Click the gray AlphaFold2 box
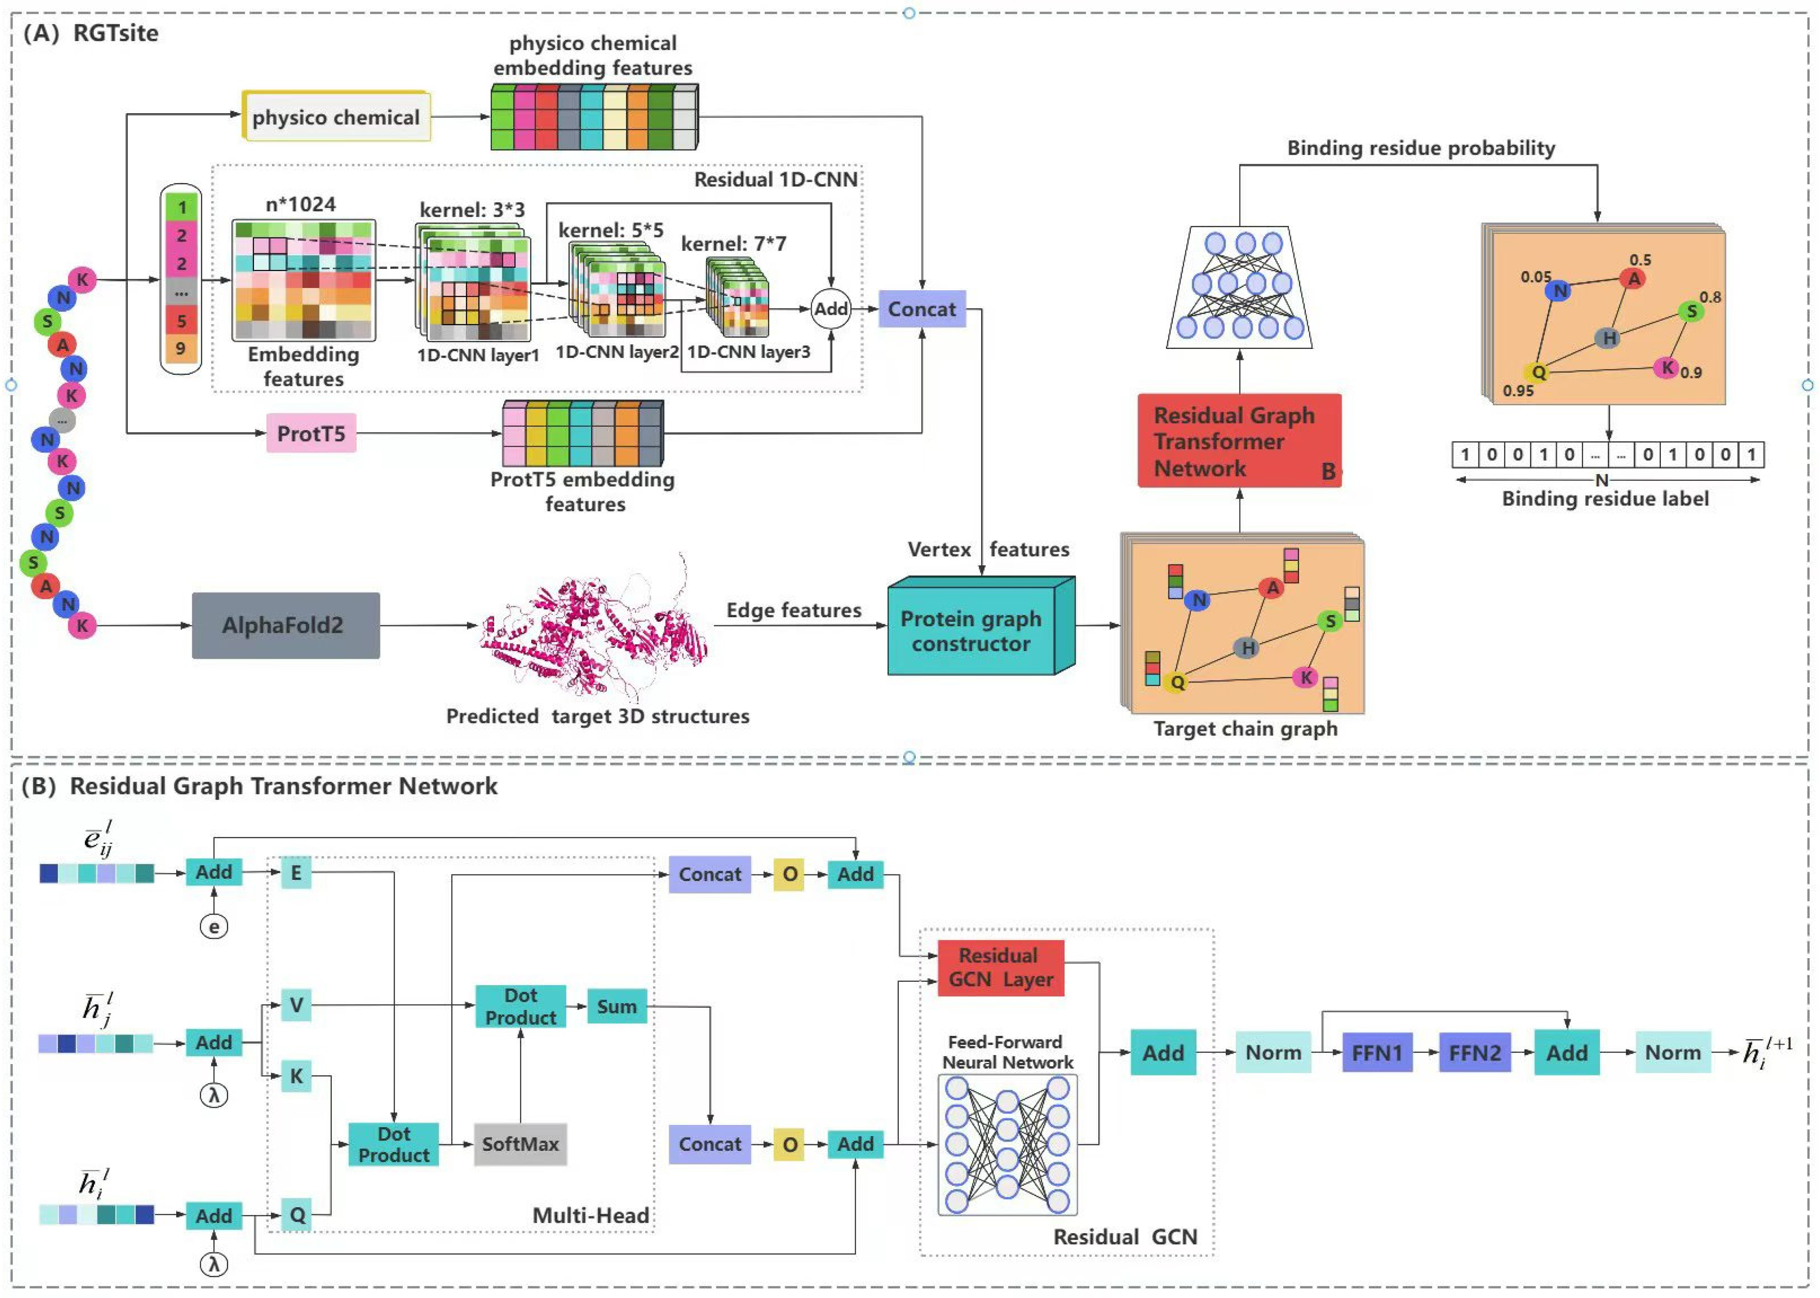tap(285, 625)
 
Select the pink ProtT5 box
tap(311, 433)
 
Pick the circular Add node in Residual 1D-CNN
tap(830, 309)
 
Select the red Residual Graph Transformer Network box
tap(1238, 441)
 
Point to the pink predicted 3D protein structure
tap(595, 632)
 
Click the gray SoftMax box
tap(520, 1144)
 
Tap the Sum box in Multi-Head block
tap(617, 1006)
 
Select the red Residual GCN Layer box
tap(1000, 967)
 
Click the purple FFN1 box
tap(1376, 1052)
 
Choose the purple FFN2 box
tap(1474, 1052)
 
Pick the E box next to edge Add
tap(296, 873)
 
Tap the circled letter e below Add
tap(213, 926)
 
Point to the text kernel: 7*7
tap(732, 244)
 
